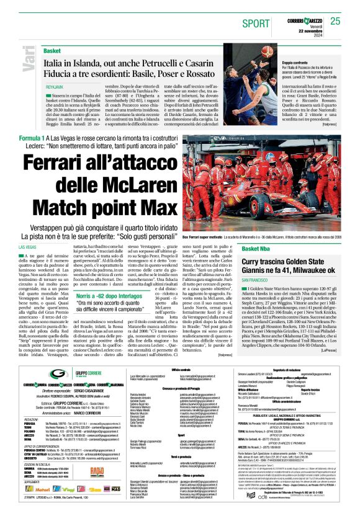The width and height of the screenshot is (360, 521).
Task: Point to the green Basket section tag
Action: point(52,50)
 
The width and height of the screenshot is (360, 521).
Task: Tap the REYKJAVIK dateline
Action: point(55,87)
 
